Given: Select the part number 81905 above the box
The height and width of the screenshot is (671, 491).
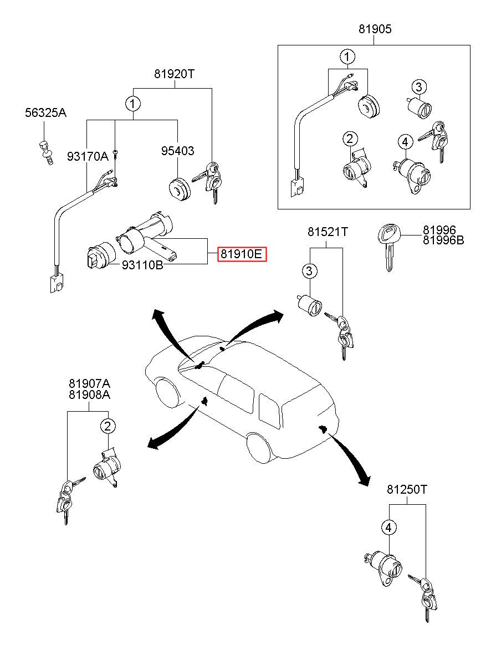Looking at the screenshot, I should (374, 29).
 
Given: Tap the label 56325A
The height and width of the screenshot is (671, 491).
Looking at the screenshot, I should (45, 113).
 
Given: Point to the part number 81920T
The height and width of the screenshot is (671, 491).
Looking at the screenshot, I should (175, 74).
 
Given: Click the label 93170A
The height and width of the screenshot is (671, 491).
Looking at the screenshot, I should (88, 157).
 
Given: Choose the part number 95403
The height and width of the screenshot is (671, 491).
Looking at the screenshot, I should (177, 151).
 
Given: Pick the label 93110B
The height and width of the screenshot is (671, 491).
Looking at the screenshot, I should (142, 265).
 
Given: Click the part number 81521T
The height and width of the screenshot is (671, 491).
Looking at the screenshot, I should (328, 232).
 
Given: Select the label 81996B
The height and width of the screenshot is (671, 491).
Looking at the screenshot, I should (443, 240).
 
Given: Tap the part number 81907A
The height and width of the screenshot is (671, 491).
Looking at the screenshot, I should (89, 383).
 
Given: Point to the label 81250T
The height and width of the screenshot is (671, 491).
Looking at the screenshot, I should (407, 490).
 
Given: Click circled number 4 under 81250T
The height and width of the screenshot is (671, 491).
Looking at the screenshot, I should (389, 527).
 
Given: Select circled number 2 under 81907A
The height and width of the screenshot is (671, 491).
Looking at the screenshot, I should (108, 426).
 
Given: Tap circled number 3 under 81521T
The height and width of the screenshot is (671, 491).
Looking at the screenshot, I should (310, 271).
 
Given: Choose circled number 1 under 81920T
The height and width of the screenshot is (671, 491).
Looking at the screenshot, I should (132, 104).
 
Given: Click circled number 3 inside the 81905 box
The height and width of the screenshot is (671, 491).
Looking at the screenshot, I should (418, 86).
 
